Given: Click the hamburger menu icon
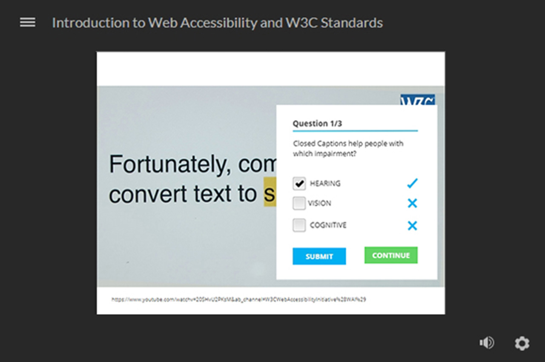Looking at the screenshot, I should [x=28, y=23].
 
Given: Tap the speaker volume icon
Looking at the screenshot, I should [x=487, y=343].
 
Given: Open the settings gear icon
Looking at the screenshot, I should [x=522, y=343].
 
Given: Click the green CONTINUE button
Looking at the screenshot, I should [x=391, y=256].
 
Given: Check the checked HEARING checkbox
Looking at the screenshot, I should [x=299, y=184].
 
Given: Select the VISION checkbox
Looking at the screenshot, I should [x=299, y=204].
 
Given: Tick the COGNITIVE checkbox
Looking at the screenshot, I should [x=299, y=225].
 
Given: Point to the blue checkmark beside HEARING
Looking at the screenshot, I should [x=412, y=184].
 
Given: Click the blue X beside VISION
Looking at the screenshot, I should [x=412, y=204].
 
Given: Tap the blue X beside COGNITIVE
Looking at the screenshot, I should [x=412, y=226].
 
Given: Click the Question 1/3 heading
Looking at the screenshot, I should [x=317, y=124].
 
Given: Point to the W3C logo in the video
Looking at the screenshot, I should [x=417, y=100].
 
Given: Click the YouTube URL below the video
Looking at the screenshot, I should [x=238, y=300].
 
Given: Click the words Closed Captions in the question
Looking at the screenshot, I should [x=320, y=144].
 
